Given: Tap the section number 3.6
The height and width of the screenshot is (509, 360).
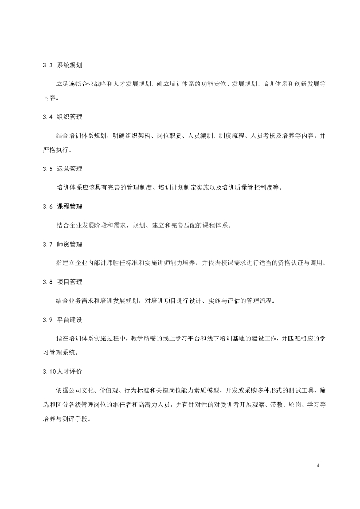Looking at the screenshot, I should (48, 206).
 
